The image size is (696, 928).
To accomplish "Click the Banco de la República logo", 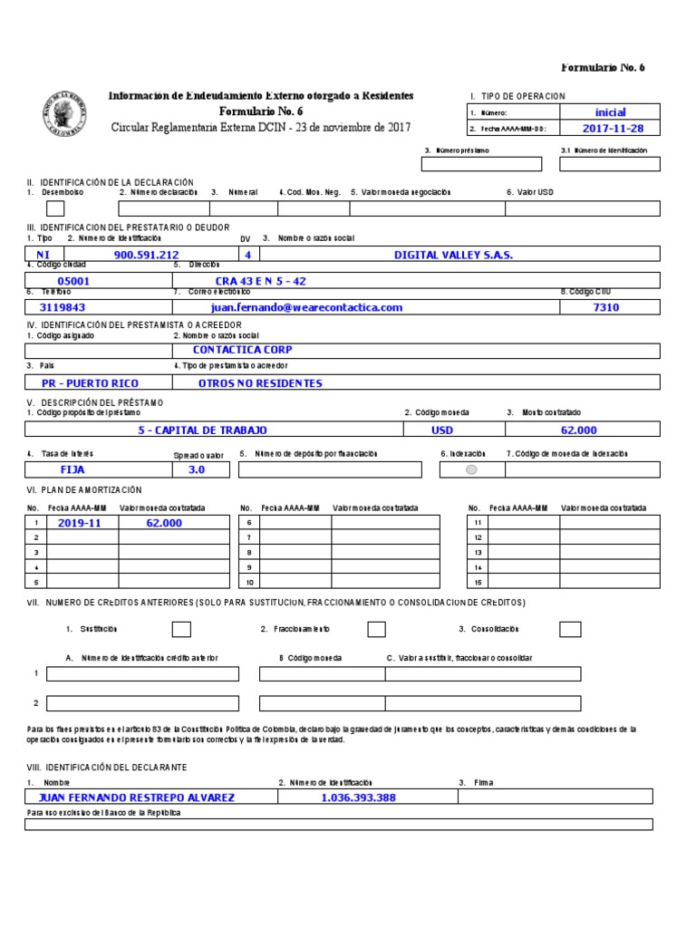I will (65, 114).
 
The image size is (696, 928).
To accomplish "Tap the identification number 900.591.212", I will (146, 256).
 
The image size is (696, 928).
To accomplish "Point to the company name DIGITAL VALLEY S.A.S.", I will (453, 256).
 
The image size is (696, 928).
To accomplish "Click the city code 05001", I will (73, 282).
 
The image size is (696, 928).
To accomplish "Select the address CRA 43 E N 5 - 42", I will (260, 282).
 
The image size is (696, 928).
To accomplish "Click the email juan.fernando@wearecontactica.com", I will (306, 308).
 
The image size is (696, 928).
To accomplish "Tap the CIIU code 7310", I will (605, 308).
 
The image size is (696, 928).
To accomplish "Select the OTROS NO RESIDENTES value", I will (260, 383).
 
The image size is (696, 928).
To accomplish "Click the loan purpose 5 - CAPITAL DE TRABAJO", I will (202, 430).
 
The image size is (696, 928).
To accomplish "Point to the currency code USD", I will (441, 430).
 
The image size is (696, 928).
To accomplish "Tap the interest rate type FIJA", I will (72, 469).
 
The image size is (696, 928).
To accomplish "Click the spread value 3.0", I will (197, 469).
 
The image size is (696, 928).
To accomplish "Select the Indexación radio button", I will (471, 469).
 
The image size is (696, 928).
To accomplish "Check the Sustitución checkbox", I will (181, 629).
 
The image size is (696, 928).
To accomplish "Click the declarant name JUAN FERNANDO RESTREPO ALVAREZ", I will (136, 797).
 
